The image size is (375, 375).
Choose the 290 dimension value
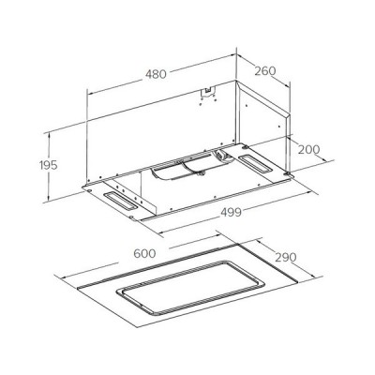pyautogui.click(x=286, y=256)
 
